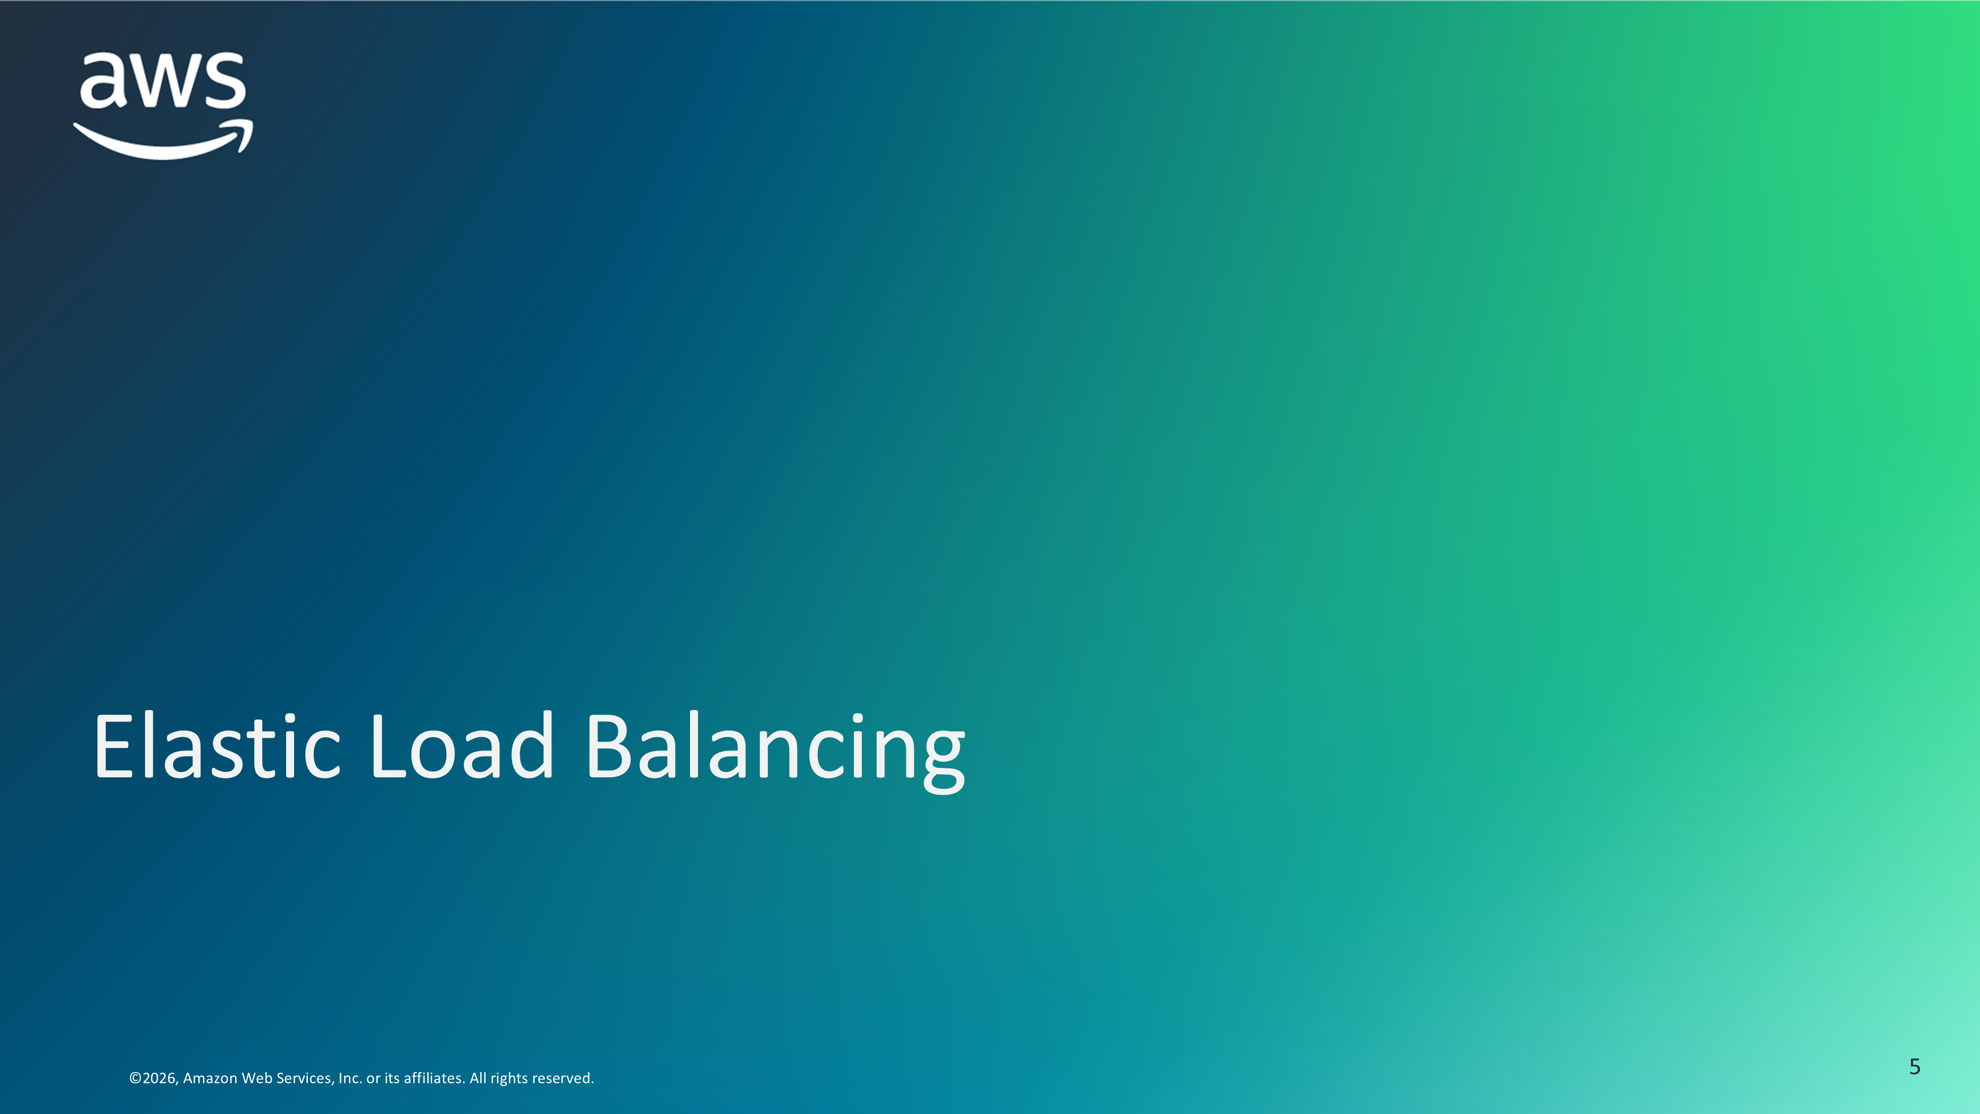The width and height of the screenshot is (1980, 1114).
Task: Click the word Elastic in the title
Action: click(x=217, y=745)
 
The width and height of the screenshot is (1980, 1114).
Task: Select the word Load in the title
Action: click(x=461, y=745)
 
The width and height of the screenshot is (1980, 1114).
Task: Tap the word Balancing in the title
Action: click(x=775, y=752)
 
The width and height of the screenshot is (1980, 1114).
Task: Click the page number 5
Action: click(x=1915, y=1066)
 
